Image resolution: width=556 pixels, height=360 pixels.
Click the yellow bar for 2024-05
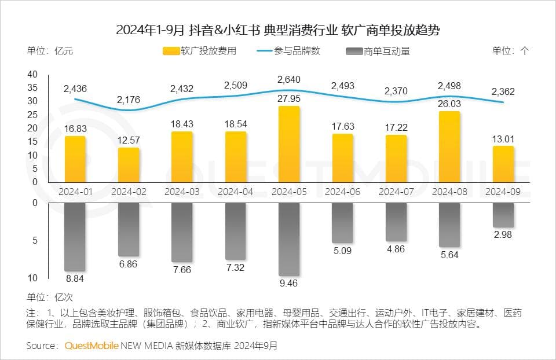click(x=289, y=144)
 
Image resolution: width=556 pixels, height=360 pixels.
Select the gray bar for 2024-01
click(x=75, y=237)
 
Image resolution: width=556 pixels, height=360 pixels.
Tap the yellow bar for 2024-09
click(x=503, y=164)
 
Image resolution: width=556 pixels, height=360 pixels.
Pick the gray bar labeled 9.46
click(x=289, y=239)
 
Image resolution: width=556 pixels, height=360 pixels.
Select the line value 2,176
click(x=128, y=100)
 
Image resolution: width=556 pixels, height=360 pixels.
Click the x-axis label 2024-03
click(x=182, y=191)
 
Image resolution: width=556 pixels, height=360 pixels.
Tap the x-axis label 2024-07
click(x=396, y=191)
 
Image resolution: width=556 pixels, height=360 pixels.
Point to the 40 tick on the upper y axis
click(x=32, y=74)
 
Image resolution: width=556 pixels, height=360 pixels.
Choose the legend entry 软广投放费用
click(x=200, y=51)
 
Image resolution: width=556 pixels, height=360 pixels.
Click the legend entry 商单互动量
click(x=378, y=51)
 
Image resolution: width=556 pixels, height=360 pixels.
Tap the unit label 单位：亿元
click(x=50, y=51)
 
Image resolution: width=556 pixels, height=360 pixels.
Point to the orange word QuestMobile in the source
click(x=92, y=346)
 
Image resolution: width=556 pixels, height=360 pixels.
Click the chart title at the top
click(x=277, y=30)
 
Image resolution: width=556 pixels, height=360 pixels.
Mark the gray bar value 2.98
click(x=503, y=234)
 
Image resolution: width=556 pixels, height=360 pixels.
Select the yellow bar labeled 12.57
click(x=129, y=165)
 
